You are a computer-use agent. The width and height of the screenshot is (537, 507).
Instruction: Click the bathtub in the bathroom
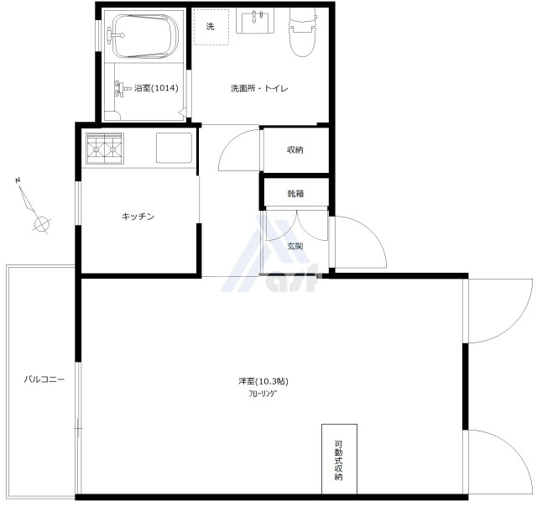145,36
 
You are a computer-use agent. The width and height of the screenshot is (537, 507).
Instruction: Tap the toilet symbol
302,32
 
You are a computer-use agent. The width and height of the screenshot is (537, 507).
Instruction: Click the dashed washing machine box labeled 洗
211,27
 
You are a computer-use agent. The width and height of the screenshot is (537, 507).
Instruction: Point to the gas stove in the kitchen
105,149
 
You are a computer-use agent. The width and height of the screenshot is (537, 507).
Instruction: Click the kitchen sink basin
174,148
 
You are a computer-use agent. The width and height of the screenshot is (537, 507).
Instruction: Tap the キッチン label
138,217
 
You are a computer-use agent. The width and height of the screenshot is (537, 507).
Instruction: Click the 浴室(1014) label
157,88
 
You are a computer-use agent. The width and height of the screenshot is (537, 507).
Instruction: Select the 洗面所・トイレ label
259,88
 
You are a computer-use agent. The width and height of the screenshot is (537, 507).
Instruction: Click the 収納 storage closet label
295,150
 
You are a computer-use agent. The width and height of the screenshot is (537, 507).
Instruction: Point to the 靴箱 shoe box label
295,194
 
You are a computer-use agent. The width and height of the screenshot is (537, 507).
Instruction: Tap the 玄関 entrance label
295,246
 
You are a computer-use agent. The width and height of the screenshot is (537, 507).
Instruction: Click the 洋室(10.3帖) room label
263,381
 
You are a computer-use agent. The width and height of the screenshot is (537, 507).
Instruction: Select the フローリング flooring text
263,394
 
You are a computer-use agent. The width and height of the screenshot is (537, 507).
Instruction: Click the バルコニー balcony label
44,379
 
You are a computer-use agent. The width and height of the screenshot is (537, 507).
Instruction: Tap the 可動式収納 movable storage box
339,459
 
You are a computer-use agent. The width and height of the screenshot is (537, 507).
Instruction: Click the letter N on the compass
18,180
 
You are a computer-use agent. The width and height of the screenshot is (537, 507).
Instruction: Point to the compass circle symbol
42,224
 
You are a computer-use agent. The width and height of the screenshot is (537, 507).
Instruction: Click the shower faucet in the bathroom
121,88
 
